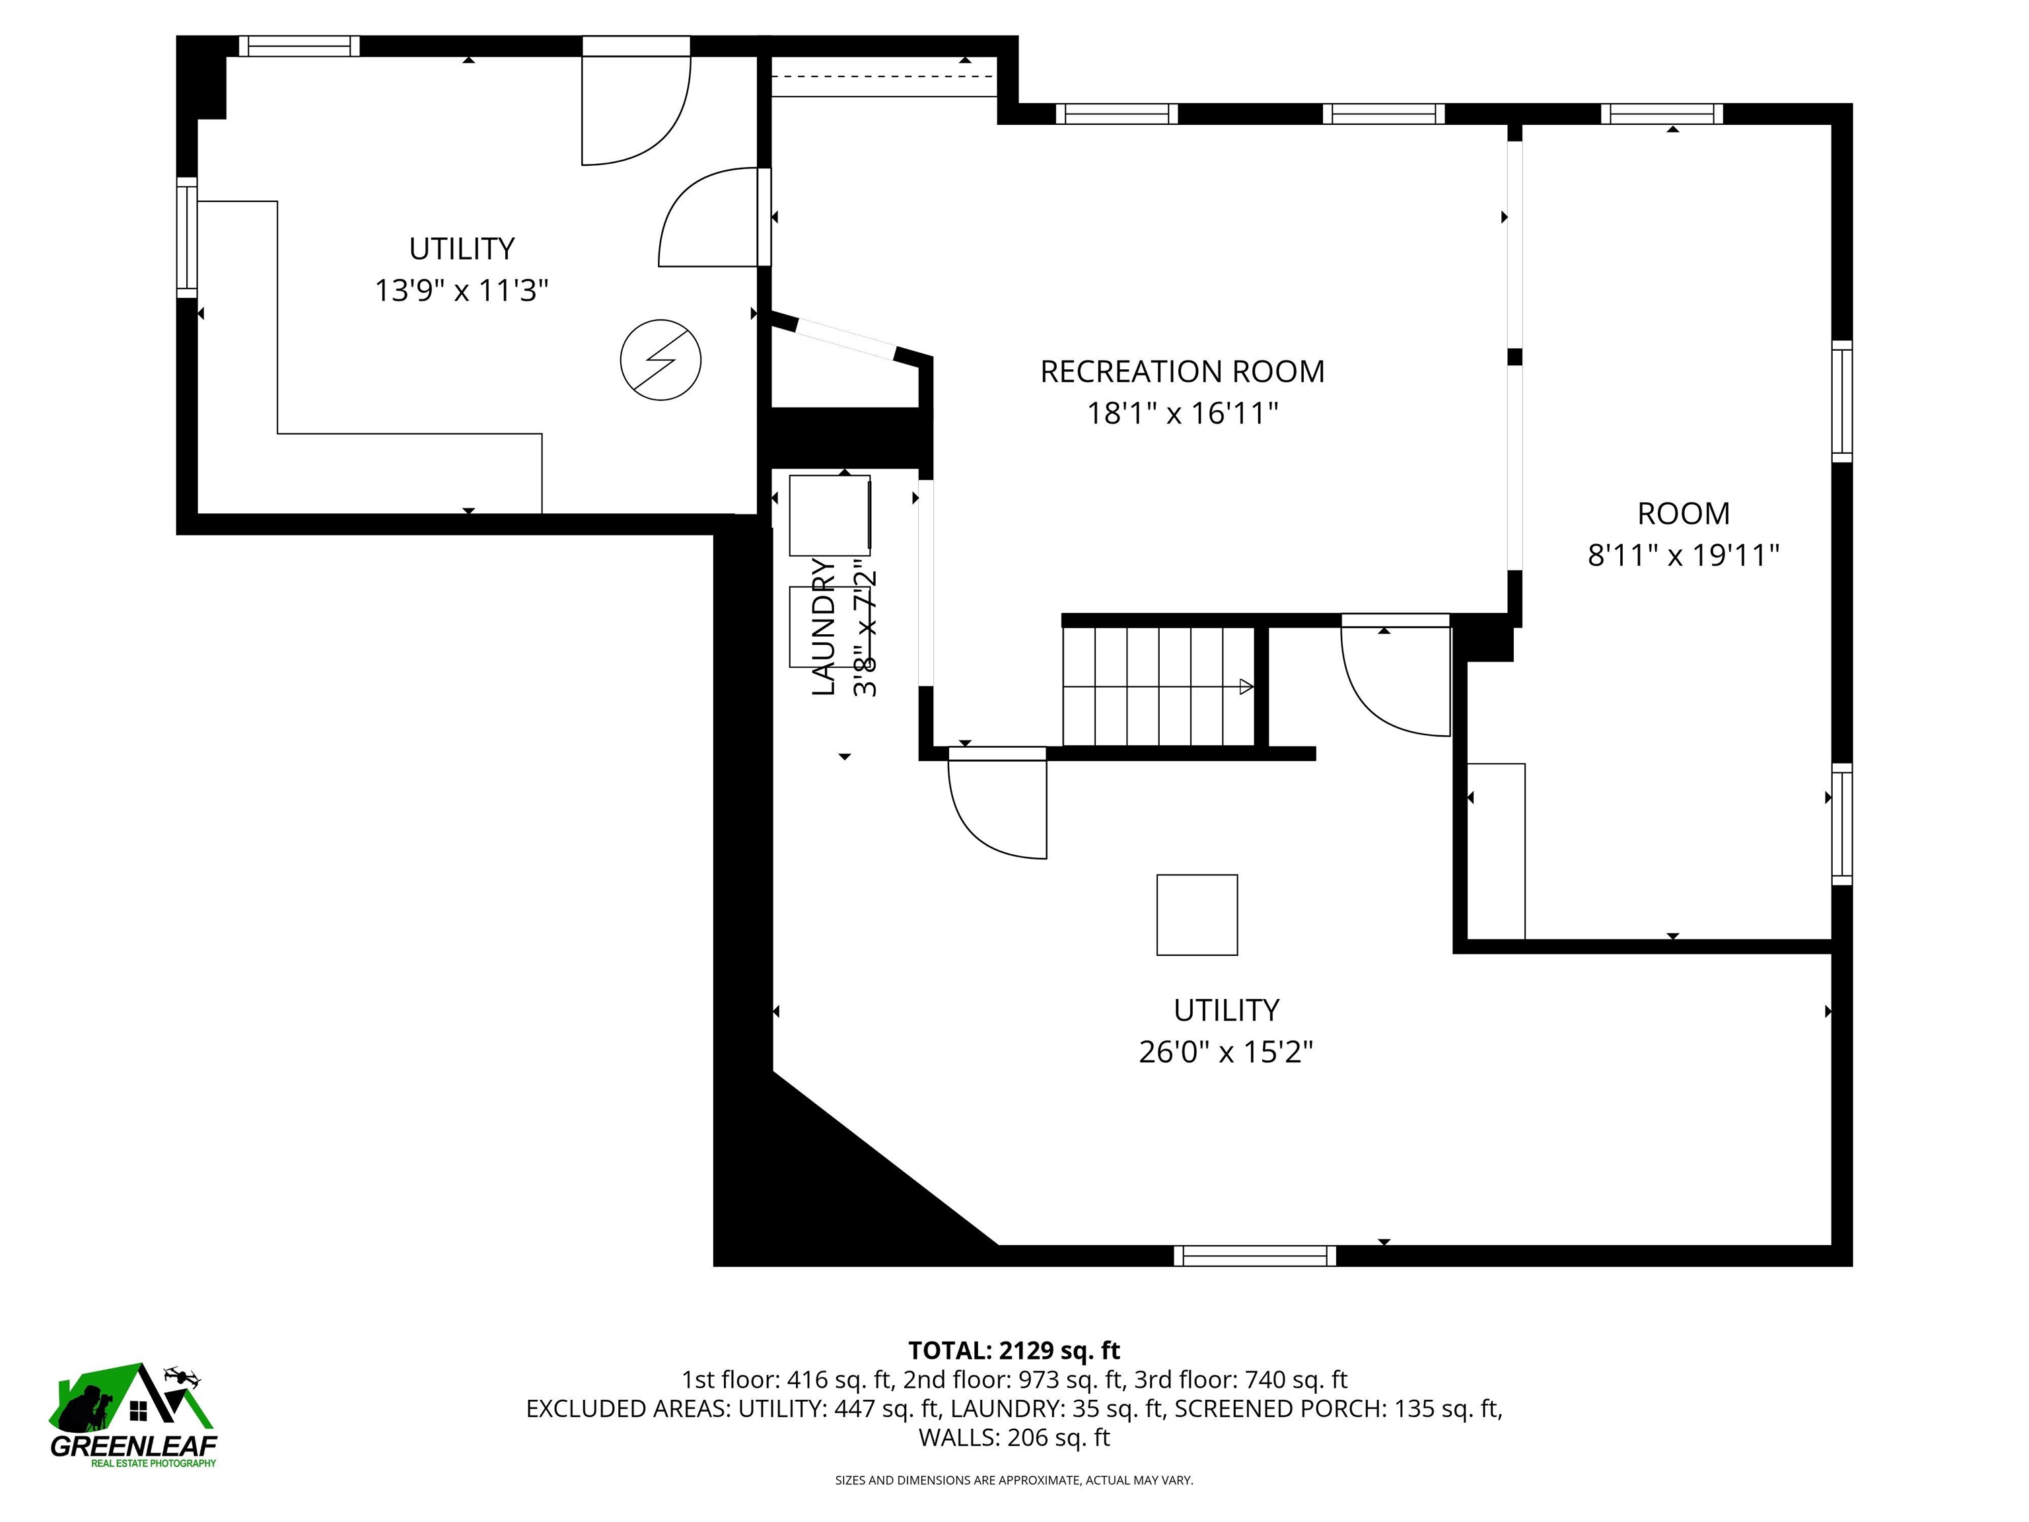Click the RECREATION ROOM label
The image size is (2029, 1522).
(x=1182, y=371)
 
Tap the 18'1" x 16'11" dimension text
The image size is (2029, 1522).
(x=1182, y=414)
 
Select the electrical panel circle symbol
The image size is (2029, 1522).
(x=660, y=359)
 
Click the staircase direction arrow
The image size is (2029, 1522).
(x=1246, y=686)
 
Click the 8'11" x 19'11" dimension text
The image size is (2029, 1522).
(x=1683, y=555)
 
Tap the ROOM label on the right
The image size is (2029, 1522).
(x=1683, y=513)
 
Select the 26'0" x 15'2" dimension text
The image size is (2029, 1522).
(x=1225, y=1052)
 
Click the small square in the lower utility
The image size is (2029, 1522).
(x=1196, y=915)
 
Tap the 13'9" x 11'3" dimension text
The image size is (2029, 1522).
(x=462, y=291)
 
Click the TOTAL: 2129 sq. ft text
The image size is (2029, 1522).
(x=1014, y=1350)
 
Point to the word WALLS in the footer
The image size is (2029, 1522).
(x=958, y=1437)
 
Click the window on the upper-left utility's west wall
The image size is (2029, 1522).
(x=187, y=236)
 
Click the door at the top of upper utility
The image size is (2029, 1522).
(x=635, y=101)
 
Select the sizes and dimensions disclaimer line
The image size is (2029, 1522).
(x=1014, y=1480)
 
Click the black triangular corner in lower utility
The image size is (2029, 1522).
(x=826, y=1184)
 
